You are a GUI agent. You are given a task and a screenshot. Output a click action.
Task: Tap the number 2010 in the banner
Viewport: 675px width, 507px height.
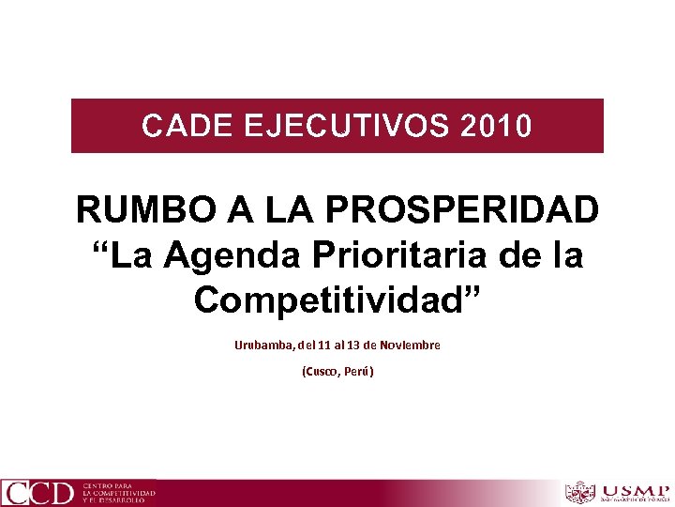[x=497, y=126]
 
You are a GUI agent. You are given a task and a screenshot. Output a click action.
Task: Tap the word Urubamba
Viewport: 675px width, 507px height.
[x=264, y=346]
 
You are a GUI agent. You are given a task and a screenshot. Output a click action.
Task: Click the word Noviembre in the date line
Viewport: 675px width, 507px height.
[x=410, y=346]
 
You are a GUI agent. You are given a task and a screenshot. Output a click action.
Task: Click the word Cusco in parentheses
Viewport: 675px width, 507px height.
[x=322, y=372]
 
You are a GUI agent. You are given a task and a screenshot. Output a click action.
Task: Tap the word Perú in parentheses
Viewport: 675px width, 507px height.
[x=359, y=372]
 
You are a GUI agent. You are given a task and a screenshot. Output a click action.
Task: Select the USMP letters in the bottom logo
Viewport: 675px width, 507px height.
[x=636, y=490]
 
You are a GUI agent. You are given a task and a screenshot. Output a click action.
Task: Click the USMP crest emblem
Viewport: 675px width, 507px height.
[x=581, y=492]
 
